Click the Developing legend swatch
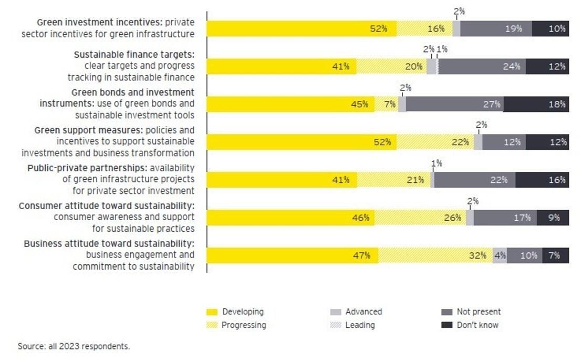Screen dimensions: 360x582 [x=212, y=312]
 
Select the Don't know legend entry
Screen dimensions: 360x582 [x=477, y=325]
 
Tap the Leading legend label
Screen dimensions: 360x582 [x=360, y=325]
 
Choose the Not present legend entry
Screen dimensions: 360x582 [x=479, y=312]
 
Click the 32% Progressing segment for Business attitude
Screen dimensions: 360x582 [x=435, y=256]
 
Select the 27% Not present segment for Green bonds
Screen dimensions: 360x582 [x=454, y=104]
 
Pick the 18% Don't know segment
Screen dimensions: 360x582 [x=536, y=104]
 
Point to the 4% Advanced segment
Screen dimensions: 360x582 [x=500, y=256]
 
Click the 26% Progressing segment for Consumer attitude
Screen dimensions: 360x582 [x=420, y=218]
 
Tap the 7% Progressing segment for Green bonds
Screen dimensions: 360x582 [x=386, y=104]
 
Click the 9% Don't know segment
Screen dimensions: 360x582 [x=553, y=218]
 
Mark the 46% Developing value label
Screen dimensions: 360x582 [x=360, y=218]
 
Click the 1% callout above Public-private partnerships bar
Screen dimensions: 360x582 [x=436, y=163]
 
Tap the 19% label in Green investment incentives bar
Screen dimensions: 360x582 [x=513, y=29]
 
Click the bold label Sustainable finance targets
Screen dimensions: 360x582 [x=134, y=55]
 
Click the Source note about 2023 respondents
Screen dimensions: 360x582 [x=74, y=346]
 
